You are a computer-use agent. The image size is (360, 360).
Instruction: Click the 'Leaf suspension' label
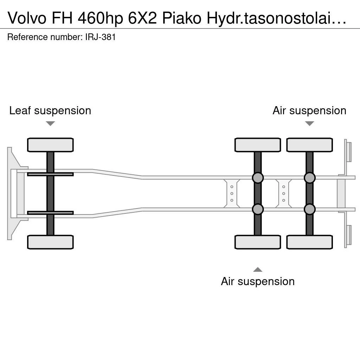[50, 110]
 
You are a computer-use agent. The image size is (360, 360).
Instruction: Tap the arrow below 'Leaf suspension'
[50, 123]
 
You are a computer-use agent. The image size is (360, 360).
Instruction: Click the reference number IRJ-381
[100, 37]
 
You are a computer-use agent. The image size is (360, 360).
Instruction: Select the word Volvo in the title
[27, 18]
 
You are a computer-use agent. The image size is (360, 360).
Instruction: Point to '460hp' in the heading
[100, 18]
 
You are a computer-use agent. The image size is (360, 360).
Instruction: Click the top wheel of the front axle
[50, 145]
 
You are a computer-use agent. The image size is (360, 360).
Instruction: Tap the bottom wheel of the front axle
[50, 242]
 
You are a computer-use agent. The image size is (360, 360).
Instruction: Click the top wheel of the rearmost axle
[309, 145]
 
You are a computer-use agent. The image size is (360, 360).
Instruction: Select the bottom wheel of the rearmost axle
[309, 242]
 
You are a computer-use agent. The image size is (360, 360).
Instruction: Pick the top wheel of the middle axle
[258, 145]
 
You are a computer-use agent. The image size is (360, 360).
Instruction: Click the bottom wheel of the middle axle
[258, 242]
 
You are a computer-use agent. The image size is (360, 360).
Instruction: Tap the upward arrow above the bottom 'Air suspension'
[258, 269]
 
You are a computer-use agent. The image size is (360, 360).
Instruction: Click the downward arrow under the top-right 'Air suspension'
[309, 123]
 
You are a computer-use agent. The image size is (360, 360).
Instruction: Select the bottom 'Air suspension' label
[258, 281]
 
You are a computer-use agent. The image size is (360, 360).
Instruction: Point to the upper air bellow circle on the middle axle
[258, 178]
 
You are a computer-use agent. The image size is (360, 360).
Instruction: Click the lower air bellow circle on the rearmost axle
[309, 209]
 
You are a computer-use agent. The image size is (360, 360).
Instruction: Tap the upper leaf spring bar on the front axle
[50, 174]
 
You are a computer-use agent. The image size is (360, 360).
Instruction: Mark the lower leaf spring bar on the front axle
[50, 213]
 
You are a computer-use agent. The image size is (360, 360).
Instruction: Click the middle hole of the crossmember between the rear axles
[284, 194]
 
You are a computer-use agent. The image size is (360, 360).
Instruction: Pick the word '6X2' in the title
[142, 18]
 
